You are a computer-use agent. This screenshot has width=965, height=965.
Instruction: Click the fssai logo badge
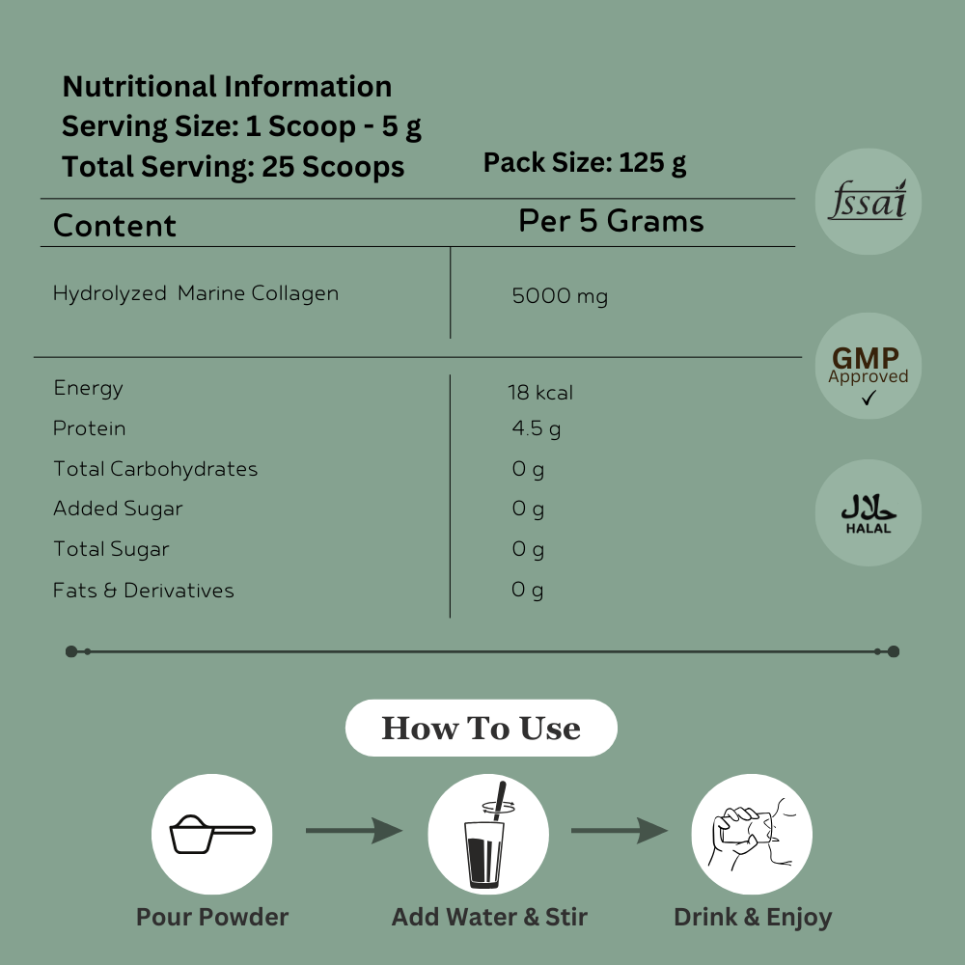pyautogui.click(x=868, y=202)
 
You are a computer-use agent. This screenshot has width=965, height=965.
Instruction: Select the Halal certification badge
pyautogui.click(x=868, y=512)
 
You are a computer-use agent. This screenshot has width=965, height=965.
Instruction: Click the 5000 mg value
pyautogui.click(x=560, y=296)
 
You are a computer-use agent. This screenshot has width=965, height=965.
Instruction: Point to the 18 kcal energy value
pyautogui.click(x=540, y=393)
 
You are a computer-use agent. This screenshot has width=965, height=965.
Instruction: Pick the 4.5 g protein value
pyautogui.click(x=536, y=428)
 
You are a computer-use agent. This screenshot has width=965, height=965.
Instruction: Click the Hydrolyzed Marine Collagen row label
pyautogui.click(x=196, y=293)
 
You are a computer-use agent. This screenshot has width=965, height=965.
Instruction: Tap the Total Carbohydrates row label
pyautogui.click(x=155, y=469)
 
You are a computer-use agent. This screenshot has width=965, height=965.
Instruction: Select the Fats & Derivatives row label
pyautogui.click(x=144, y=590)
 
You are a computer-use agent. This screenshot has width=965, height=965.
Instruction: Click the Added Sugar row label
pyautogui.click(x=118, y=509)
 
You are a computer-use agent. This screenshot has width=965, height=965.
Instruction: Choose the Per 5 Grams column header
pyautogui.click(x=611, y=221)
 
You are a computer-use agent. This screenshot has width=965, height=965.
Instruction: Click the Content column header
pyautogui.click(x=115, y=226)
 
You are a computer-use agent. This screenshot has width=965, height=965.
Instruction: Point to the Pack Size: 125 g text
pyautogui.click(x=585, y=162)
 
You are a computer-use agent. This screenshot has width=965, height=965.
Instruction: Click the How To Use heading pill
pyautogui.click(x=481, y=728)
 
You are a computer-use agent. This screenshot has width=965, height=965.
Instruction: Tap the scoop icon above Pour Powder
pyautogui.click(x=212, y=834)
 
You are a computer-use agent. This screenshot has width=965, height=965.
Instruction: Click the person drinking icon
pyautogui.click(x=752, y=834)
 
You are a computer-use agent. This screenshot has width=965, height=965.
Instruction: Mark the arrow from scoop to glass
pyautogui.click(x=354, y=830)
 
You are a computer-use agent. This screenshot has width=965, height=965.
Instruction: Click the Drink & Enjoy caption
pyautogui.click(x=753, y=917)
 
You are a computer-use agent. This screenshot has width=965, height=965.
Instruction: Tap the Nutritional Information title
pyautogui.click(x=227, y=87)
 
